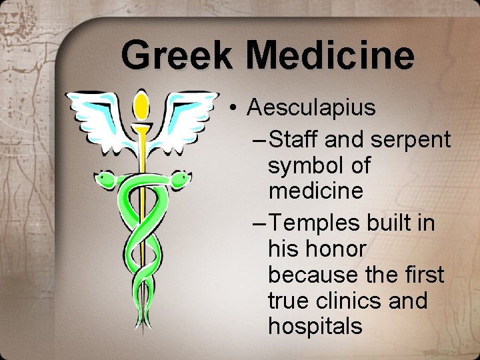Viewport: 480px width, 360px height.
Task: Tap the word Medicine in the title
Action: tap(330, 55)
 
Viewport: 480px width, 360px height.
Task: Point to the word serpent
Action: tap(410, 140)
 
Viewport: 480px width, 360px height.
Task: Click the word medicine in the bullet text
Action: tap(315, 191)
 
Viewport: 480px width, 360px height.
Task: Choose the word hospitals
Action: tap(315, 327)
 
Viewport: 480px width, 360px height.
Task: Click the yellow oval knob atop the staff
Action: tap(141, 103)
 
